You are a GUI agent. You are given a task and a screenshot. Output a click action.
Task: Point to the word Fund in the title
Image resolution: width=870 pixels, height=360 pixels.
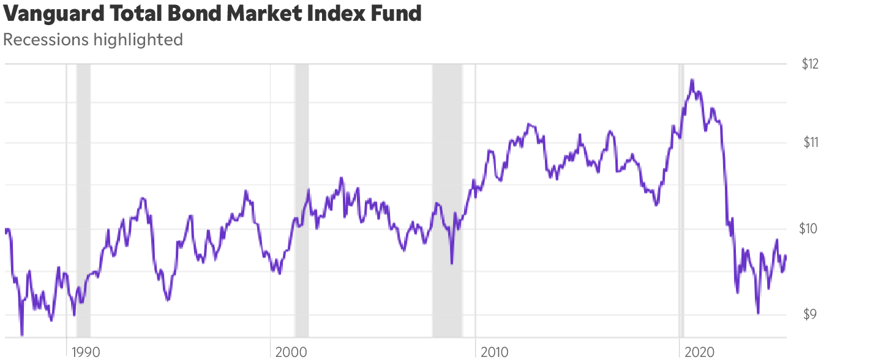point(399,13)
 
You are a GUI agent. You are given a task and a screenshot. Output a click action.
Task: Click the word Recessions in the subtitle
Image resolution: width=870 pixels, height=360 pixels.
point(46,40)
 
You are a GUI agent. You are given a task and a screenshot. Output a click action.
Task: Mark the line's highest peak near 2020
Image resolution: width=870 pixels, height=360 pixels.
point(692,80)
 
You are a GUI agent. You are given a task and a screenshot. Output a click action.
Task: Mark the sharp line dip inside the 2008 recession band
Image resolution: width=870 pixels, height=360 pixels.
point(452,263)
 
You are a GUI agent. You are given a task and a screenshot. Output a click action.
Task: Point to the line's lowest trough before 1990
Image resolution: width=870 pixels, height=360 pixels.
point(22,335)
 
